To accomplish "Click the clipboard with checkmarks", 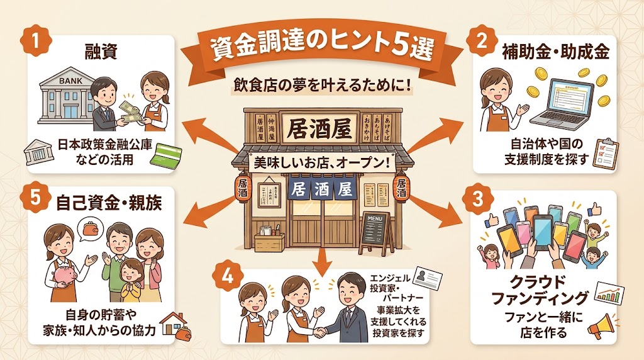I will click(x=606, y=153).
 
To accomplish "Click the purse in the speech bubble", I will click(x=87, y=227).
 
